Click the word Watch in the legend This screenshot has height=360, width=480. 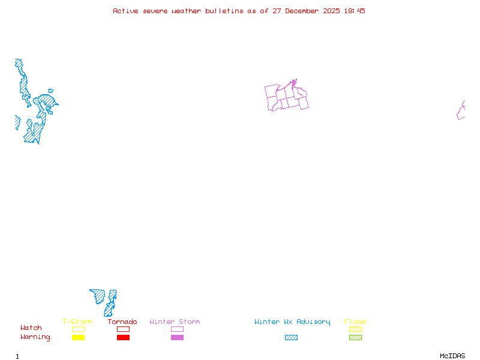pos(31,328)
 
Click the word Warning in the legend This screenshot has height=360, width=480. pos(35,337)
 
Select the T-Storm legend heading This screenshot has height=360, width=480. pos(77,322)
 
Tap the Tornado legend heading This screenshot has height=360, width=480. pos(122,322)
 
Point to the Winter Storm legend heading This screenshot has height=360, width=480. pos(175,322)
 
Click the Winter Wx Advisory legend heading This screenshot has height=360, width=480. pos(292,322)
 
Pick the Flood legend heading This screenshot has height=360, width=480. pos(355,322)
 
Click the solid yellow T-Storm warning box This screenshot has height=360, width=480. pos(78,338)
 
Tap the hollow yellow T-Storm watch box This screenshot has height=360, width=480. pos(78,329)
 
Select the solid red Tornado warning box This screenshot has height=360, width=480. pos(123,338)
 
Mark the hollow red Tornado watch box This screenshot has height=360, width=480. pos(123,329)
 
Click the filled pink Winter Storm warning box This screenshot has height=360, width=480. pos(177,338)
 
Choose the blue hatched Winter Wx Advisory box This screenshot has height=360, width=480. pos(291,338)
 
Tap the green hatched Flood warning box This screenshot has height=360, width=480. pos(355,338)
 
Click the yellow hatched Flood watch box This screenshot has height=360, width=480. pos(355,329)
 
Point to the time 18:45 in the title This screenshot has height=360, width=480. pos(354,11)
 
